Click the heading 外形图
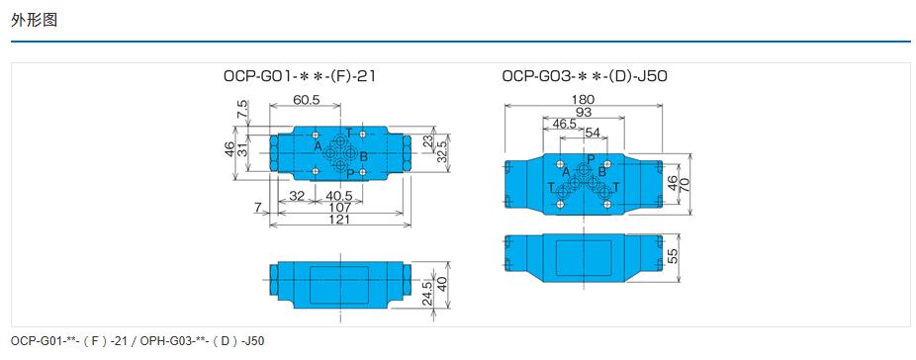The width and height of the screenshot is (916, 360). [34, 20]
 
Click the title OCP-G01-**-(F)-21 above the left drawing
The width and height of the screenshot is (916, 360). [299, 76]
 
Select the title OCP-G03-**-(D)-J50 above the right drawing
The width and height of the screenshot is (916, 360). [585, 76]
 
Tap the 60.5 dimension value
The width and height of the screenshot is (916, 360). [306, 99]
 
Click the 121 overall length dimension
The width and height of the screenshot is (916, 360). [339, 220]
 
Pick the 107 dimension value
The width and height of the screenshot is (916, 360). [339, 207]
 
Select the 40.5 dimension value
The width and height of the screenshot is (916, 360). [339, 196]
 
